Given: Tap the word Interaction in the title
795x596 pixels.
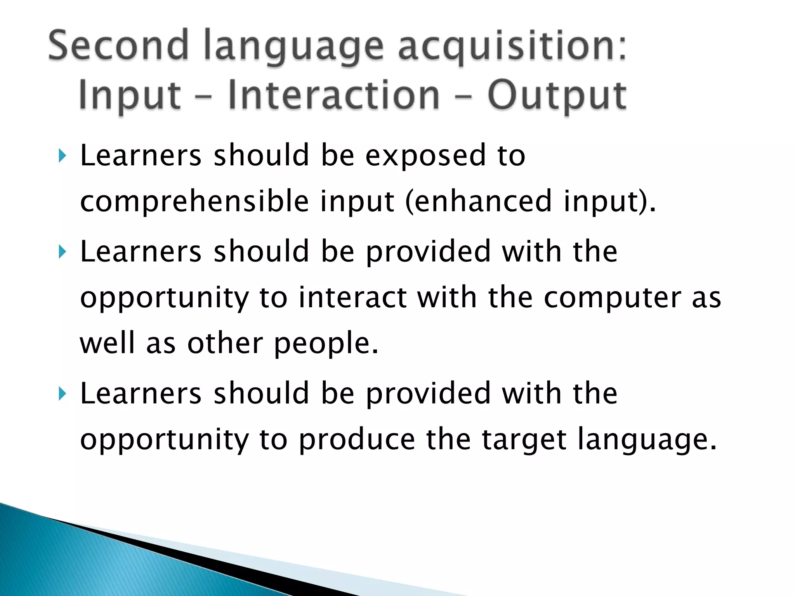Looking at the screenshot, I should click(x=334, y=95).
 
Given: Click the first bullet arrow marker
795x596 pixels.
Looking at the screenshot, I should click(x=62, y=156).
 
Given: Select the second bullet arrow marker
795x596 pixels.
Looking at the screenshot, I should click(x=62, y=252).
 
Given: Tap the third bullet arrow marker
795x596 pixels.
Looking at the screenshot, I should click(x=62, y=394).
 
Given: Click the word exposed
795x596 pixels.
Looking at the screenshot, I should click(x=425, y=156).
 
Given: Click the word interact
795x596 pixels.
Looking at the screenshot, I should click(x=353, y=298).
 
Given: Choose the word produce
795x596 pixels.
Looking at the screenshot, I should click(x=357, y=440).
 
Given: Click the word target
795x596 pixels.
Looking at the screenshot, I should click(x=524, y=440).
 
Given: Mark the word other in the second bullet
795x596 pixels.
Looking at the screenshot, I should click(x=225, y=343).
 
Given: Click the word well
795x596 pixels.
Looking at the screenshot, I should click(x=107, y=343).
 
